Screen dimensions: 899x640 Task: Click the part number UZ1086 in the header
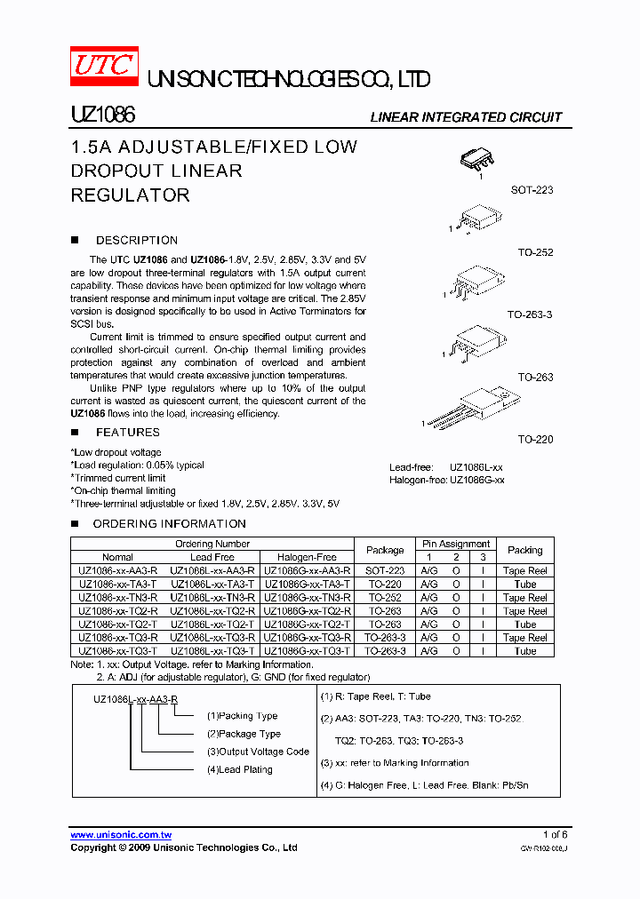click(x=102, y=116)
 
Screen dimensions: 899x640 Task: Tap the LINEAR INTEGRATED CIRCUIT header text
click(x=466, y=117)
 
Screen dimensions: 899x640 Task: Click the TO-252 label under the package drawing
click(x=535, y=252)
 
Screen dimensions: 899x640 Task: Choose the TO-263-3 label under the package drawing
click(x=530, y=314)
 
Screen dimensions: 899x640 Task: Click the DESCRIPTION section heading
click(x=136, y=240)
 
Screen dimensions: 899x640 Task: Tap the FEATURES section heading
click(x=127, y=432)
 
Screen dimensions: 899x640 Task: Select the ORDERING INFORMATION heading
click(x=169, y=523)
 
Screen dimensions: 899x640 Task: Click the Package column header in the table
click(x=385, y=550)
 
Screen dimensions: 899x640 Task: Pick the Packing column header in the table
click(x=524, y=550)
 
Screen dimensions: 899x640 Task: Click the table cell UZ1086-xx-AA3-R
click(x=117, y=570)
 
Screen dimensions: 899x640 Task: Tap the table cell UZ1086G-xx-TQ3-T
click(x=307, y=651)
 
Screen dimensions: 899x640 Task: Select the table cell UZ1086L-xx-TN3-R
click(x=212, y=598)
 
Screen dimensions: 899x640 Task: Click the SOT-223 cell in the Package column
click(x=385, y=570)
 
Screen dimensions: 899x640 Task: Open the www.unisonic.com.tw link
click(x=121, y=835)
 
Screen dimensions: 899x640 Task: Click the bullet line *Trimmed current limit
click(x=118, y=478)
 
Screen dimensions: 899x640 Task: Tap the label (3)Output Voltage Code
click(x=258, y=752)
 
